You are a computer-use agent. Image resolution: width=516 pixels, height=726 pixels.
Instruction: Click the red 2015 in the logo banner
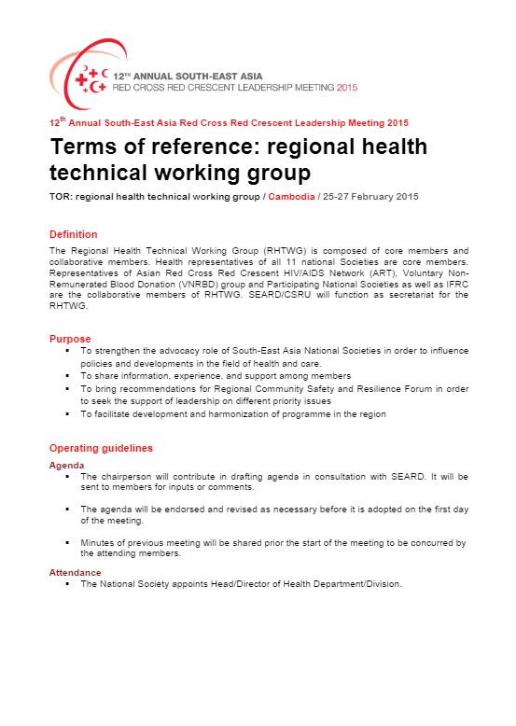(x=346, y=86)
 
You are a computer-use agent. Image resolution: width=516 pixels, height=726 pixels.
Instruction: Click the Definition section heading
(x=73, y=234)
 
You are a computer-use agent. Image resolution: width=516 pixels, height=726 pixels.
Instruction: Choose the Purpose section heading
(x=70, y=339)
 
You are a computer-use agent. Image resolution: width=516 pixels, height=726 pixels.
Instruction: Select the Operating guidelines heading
(x=101, y=448)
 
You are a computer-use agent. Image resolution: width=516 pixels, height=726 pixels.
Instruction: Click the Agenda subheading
(x=66, y=465)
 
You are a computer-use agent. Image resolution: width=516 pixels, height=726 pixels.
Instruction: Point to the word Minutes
(x=98, y=541)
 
